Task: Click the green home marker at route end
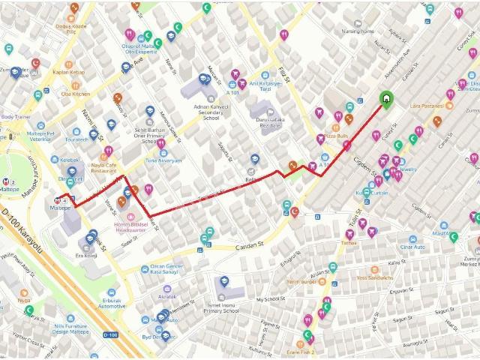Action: pos(386,99)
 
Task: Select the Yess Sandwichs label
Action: pos(374,278)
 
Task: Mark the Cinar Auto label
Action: pos(412,247)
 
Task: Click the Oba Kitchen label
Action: pos(75,94)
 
